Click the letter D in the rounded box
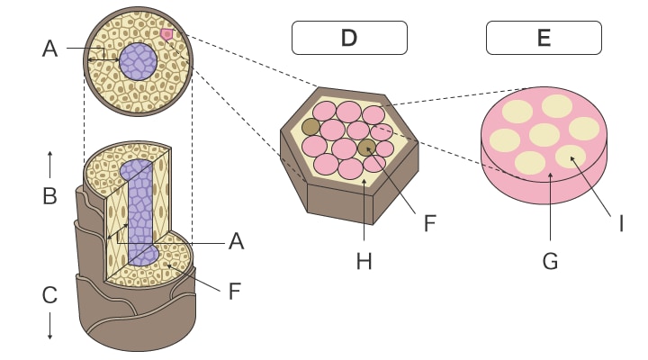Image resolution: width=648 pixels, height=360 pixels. coord(349,38)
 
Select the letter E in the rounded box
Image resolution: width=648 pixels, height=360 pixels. coord(544,38)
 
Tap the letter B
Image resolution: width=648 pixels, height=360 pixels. coord(49,196)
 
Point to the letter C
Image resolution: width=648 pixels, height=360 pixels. coord(49,294)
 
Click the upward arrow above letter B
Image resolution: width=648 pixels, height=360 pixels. coord(49,165)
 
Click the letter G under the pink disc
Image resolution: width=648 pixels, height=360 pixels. coord(550,261)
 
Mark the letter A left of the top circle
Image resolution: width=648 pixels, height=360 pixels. coord(49,49)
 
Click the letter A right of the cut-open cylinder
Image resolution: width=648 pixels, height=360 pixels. coord(236,240)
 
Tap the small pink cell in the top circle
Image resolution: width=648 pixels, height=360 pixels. coord(166,34)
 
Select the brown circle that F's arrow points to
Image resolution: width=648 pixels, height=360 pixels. coord(366,148)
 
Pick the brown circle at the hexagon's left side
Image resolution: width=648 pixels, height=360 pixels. coord(310,127)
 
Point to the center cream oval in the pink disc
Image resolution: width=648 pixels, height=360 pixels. coord(544,135)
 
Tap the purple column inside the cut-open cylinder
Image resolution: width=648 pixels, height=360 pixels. coord(140,211)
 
